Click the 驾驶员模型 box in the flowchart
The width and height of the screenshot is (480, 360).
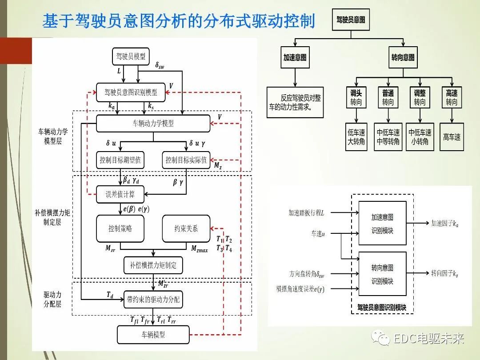[x=131, y=56]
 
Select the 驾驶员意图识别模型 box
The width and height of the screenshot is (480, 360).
[x=131, y=93]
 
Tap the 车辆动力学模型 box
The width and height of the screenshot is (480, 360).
[x=153, y=124]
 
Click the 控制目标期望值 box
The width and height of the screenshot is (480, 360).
[x=120, y=160]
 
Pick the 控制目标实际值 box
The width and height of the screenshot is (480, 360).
[x=186, y=160]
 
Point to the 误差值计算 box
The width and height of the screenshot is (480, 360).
[x=120, y=194]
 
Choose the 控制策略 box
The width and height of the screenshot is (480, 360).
[x=120, y=229]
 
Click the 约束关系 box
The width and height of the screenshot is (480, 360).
[x=186, y=229]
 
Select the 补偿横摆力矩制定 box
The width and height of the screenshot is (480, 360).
[x=153, y=265]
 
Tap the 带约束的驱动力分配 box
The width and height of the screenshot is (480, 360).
[x=153, y=300]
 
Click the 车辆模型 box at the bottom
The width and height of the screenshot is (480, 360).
[x=153, y=334]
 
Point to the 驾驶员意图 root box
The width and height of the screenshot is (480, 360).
[x=351, y=20]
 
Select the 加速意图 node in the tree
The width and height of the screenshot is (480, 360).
[x=295, y=58]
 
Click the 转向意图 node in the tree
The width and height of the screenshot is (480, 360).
[x=403, y=58]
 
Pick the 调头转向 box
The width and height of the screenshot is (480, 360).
[x=356, y=97]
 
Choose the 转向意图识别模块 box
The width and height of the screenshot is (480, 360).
[x=382, y=274]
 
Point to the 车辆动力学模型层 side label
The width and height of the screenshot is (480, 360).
[x=53, y=136]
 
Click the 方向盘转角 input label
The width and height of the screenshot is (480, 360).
[x=306, y=274]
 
